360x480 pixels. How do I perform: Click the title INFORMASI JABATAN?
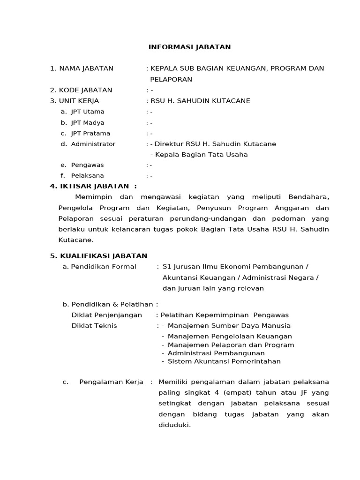click(189, 47)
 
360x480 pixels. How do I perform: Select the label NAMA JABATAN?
click(86, 68)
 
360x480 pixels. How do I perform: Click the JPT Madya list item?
click(88, 122)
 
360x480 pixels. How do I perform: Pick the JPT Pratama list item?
click(90, 133)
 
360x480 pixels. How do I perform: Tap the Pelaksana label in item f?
click(87, 176)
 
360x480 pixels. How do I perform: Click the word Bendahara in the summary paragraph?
click(309, 197)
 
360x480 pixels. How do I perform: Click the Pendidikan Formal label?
click(103, 267)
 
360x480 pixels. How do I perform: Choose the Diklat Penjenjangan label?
click(106, 315)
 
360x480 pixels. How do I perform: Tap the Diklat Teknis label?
click(94, 326)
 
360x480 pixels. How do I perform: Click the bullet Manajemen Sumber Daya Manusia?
click(229, 326)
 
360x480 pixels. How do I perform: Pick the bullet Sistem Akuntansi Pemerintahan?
click(224, 361)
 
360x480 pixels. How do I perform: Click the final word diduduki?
click(175, 426)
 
